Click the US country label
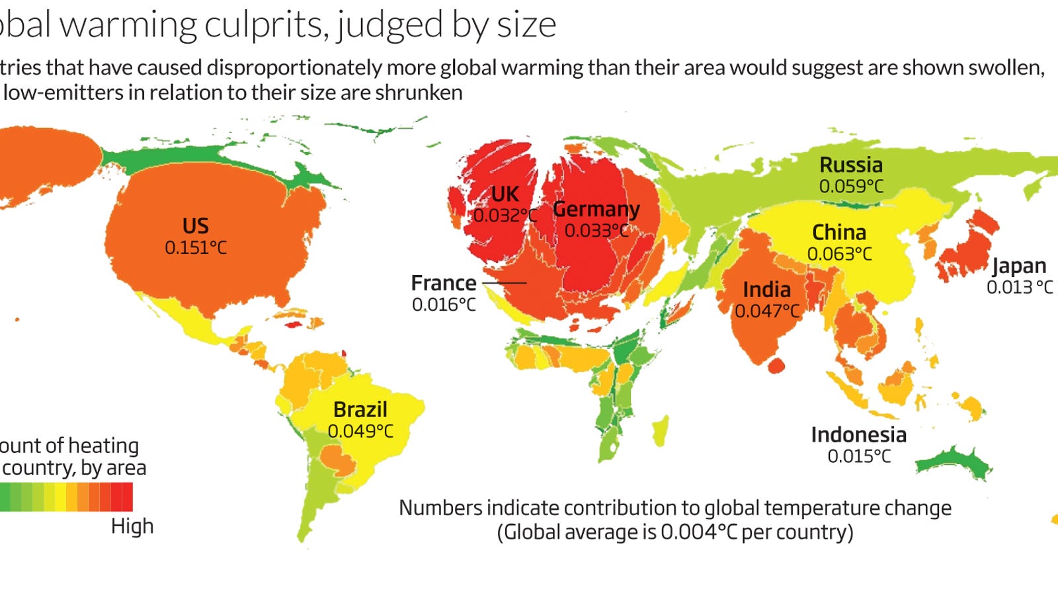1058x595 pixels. [195, 226]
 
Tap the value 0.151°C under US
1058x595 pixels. [195, 248]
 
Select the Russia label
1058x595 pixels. [851, 165]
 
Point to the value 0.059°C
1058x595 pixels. [851, 186]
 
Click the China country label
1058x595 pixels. [838, 233]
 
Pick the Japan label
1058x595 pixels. [1019, 266]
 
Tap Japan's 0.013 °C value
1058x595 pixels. [1019, 288]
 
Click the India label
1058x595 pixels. [766, 290]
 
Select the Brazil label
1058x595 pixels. [360, 409]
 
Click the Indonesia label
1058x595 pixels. [858, 435]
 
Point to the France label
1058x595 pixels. [443, 283]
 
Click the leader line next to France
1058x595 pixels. [504, 283]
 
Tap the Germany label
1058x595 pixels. [596, 209]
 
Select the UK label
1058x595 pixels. [505, 194]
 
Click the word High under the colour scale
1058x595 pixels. [132, 526]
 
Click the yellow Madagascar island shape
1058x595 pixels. [661, 430]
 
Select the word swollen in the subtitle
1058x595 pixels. [1005, 67]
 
